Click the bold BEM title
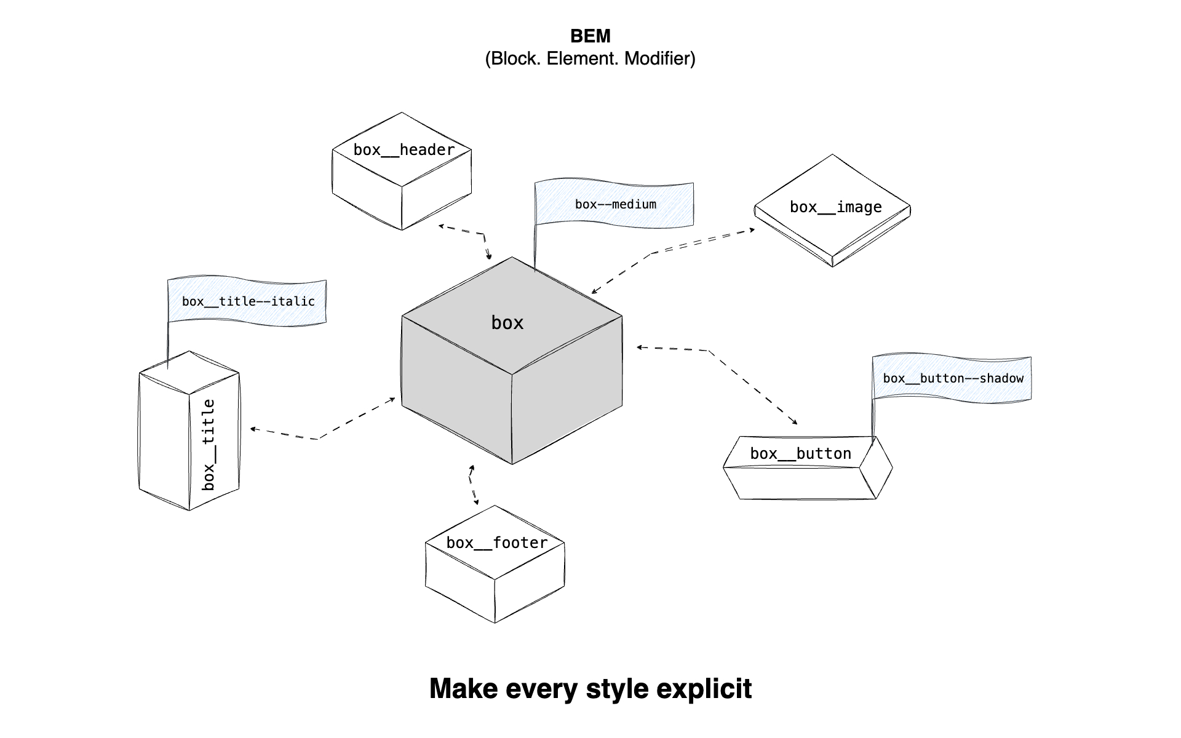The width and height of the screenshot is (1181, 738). [590, 36]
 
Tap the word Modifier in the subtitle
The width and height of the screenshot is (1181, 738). [659, 59]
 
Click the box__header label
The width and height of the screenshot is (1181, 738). [404, 150]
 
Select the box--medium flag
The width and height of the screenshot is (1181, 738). [615, 204]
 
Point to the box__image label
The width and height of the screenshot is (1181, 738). [835, 207]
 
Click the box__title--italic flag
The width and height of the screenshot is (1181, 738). [248, 301]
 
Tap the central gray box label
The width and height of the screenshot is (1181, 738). [507, 323]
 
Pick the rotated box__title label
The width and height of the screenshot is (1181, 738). [209, 444]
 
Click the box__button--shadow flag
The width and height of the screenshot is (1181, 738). [953, 378]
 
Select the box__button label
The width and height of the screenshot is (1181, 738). [800, 454]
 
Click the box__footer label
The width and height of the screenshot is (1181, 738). [496, 543]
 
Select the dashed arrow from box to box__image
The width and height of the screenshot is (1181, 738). [670, 248]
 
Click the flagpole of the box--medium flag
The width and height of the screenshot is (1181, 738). [535, 246]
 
